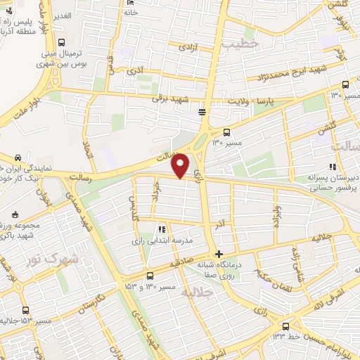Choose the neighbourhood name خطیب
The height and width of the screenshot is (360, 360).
click(x=240, y=44)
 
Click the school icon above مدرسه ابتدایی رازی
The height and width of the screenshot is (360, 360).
click(x=162, y=229)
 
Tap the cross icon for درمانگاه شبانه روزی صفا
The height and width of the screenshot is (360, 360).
click(x=219, y=254)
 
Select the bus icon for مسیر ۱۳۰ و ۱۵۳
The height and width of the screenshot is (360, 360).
click(x=149, y=276)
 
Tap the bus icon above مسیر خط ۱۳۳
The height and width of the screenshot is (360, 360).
click(x=285, y=327)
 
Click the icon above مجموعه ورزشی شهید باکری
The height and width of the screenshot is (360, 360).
click(x=14, y=213)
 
